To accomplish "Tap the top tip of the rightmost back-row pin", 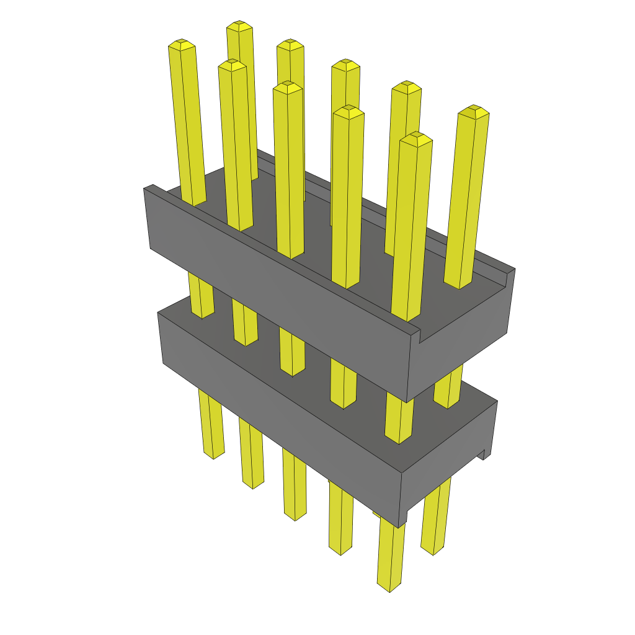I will pos(473,111).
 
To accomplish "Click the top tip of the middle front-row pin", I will pos(287,87).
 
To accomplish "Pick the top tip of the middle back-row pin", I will pos(345,64).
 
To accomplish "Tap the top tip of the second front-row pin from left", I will pos(232,65).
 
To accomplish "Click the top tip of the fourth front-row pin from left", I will pos(348,111).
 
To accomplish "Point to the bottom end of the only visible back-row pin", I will pos(432,550).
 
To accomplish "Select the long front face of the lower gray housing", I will pos(279,403).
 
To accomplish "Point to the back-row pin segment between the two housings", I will pos(448,391).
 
